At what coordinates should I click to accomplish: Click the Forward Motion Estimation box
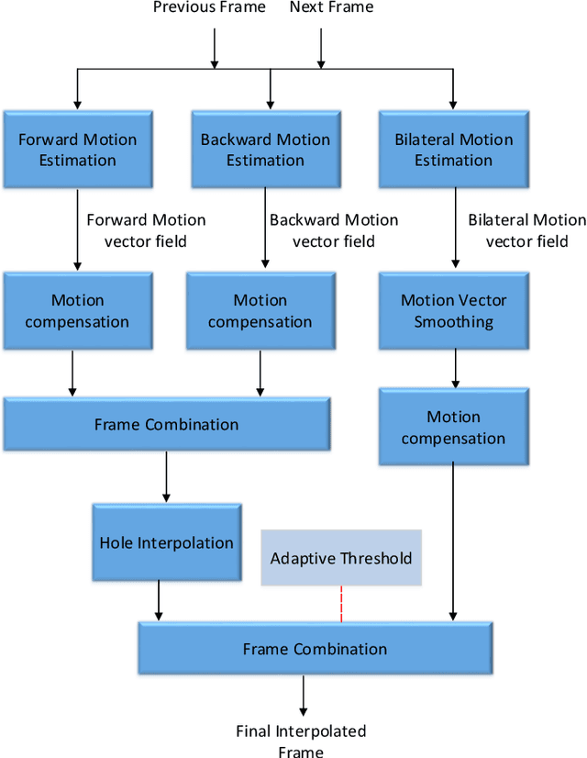(x=78, y=150)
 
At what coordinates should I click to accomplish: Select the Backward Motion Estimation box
(x=266, y=150)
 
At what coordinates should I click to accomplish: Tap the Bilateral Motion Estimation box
(x=453, y=150)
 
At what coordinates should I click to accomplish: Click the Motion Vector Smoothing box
(x=453, y=311)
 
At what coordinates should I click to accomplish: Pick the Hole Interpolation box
(x=166, y=542)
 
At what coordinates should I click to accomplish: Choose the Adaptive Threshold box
(x=341, y=558)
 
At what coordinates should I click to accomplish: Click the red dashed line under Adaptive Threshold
(x=341, y=603)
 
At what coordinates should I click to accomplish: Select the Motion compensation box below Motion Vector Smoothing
(x=453, y=427)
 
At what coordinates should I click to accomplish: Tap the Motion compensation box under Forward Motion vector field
(x=77, y=311)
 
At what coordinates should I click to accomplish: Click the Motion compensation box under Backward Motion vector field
(x=260, y=311)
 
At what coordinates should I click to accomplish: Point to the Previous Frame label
(x=209, y=8)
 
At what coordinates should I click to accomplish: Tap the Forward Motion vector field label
(x=146, y=230)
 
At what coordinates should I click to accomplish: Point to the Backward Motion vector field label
(x=334, y=230)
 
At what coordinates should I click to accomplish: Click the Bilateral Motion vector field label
(x=526, y=230)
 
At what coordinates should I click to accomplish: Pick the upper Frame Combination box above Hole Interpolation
(x=166, y=425)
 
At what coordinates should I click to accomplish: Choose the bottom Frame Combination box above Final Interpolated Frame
(x=315, y=649)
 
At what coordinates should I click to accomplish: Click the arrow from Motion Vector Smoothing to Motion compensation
(x=453, y=369)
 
